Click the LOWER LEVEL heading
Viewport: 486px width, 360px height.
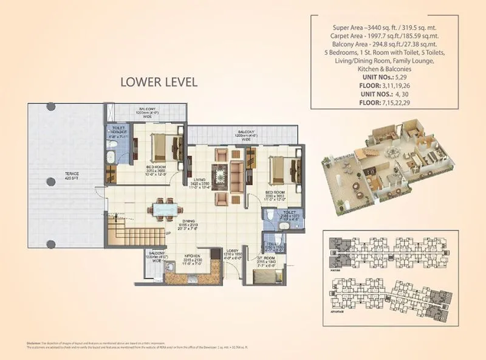click(159, 82)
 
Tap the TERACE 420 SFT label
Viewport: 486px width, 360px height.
click(72, 176)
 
